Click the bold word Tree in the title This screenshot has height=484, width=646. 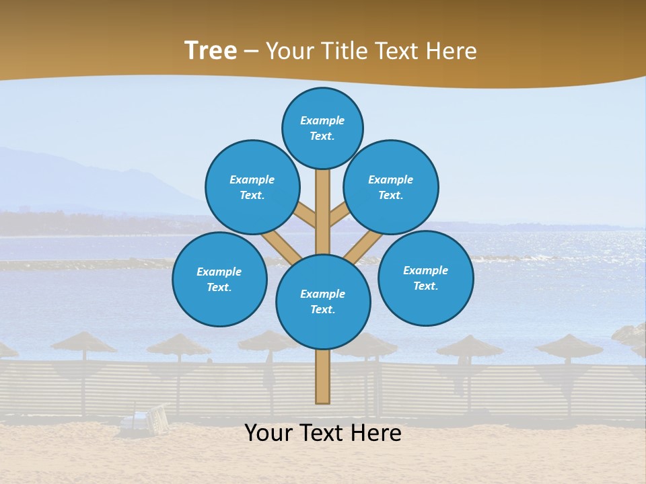pyautogui.click(x=211, y=50)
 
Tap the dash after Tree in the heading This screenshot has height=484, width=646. pyautogui.click(x=252, y=52)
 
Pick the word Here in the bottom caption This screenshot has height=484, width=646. pyautogui.click(x=375, y=433)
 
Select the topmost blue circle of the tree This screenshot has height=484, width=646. pyautogui.click(x=322, y=128)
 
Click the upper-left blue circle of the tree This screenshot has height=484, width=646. pyautogui.click(x=252, y=187)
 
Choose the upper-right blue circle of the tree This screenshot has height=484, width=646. pyautogui.click(x=391, y=187)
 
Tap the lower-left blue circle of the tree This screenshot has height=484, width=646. pyautogui.click(x=219, y=279)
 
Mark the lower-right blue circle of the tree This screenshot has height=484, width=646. pyautogui.click(x=425, y=278)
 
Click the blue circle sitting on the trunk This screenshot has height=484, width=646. pyautogui.click(x=323, y=301)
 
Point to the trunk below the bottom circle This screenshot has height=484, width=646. pyautogui.click(x=322, y=376)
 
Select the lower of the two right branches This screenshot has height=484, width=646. pyautogui.click(x=362, y=247)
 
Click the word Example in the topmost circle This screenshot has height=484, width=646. pyautogui.click(x=322, y=120)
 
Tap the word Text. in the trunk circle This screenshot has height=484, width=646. pyautogui.click(x=322, y=309)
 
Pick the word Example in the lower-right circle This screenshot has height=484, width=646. pyautogui.click(x=425, y=270)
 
